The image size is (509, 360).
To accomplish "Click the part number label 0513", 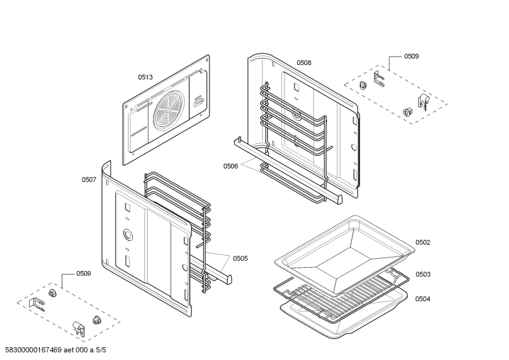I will pyautogui.click(x=145, y=77).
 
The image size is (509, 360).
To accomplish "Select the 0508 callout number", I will pyautogui.click(x=303, y=63).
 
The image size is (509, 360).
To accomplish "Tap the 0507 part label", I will pyautogui.click(x=88, y=180).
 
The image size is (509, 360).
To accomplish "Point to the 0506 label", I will pyautogui.click(x=230, y=166).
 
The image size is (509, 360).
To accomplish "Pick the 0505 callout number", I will pyautogui.click(x=240, y=258).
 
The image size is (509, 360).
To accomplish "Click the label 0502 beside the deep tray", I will pyautogui.click(x=422, y=242).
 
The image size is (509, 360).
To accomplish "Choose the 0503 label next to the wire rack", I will pyautogui.click(x=422, y=274).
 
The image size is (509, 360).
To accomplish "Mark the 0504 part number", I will pyautogui.click(x=422, y=298).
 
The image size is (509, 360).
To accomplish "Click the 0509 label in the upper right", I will pyautogui.click(x=411, y=57).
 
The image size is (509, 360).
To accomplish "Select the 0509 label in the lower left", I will pyautogui.click(x=83, y=273).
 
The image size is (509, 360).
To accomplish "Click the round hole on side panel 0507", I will pyautogui.click(x=128, y=233).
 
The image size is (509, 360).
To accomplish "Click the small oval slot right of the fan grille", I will pyautogui.click(x=199, y=100).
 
